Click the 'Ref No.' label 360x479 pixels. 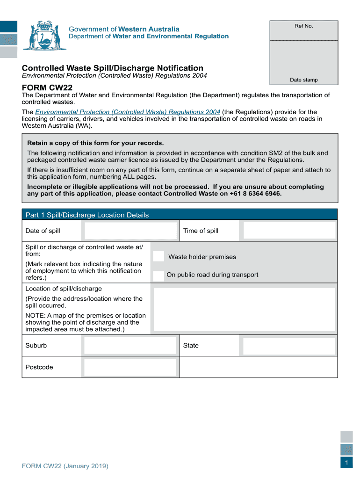tap(303, 26)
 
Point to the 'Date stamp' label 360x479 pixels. tap(303, 80)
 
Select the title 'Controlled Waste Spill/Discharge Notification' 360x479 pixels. tap(113, 68)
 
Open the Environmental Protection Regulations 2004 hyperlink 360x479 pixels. tap(128, 112)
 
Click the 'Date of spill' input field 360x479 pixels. tap(130, 231)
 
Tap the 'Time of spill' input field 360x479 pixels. tap(289, 231)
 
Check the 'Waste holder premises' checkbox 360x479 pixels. tap(159, 256)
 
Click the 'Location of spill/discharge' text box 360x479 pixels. tap(245, 310)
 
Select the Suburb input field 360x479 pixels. tap(130, 346)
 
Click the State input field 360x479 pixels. tap(289, 346)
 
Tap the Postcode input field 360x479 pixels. tap(130, 367)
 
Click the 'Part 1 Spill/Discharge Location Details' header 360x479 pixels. tap(87, 215)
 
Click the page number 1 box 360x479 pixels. tap(347, 463)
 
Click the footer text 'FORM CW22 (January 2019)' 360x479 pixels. tap(65, 466)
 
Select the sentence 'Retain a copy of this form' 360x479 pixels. tap(95, 143)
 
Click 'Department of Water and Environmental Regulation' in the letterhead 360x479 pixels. tap(149, 36)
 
